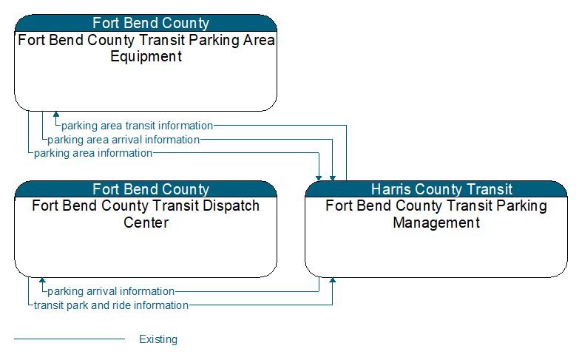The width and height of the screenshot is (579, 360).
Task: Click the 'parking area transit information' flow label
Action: click(137, 126)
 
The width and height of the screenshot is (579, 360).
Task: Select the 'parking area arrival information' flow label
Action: click(123, 140)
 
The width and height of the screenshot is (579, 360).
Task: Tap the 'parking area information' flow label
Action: click(93, 153)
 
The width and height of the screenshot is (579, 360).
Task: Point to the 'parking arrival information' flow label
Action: click(111, 291)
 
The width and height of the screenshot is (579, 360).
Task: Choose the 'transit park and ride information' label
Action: click(111, 305)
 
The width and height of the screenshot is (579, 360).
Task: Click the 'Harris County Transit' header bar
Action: click(436, 189)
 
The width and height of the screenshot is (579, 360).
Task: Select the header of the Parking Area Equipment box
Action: click(146, 23)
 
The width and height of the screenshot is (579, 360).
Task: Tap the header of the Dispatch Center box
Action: click(146, 189)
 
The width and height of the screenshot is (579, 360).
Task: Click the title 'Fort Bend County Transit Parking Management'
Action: click(436, 214)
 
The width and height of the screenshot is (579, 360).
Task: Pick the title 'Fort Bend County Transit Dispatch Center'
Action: click(146, 214)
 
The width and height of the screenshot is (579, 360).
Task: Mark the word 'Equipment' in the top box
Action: click(146, 56)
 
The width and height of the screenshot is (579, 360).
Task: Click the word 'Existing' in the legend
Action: click(158, 339)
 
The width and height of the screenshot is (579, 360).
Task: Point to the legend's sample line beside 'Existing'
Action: click(70, 339)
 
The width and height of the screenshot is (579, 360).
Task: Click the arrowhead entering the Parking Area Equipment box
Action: click(56, 114)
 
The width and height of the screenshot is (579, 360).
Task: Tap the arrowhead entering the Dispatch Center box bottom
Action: click(42, 280)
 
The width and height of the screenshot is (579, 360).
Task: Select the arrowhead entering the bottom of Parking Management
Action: click(332, 280)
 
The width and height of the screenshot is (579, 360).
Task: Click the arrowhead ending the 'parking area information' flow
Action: click(319, 178)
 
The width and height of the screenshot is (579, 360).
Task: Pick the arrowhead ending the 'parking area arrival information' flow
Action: click(332, 178)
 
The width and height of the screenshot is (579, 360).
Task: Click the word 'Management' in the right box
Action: click(436, 223)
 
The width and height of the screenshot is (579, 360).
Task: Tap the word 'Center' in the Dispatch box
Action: click(146, 223)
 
